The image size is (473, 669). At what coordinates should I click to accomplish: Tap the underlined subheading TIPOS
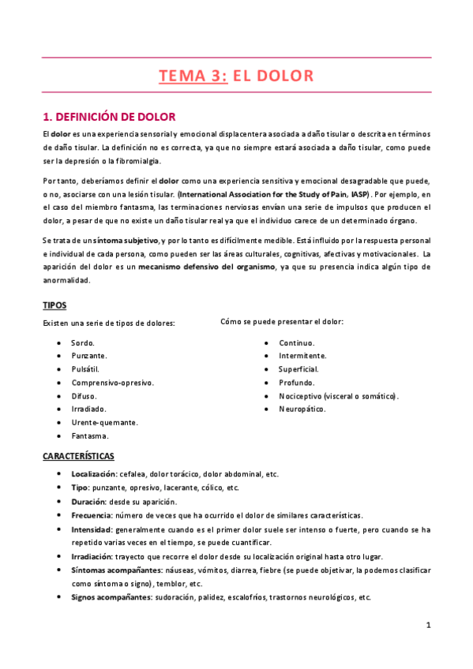(54, 305)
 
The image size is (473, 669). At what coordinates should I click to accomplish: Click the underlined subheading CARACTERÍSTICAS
(78, 456)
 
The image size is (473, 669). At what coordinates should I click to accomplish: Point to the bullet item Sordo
(83, 343)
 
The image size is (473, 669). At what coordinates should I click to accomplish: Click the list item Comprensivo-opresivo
(112, 383)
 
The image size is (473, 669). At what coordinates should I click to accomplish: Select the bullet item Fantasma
(89, 435)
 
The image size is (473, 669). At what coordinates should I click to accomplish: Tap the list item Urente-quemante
(104, 422)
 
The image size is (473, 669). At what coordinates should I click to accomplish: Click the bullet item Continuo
(296, 343)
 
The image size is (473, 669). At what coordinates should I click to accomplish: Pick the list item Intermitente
(302, 356)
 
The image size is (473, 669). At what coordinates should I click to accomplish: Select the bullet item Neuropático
(302, 409)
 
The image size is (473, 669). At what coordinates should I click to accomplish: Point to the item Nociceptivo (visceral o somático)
(338, 396)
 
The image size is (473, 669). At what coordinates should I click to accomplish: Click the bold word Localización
(93, 474)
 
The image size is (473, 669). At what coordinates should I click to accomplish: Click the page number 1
(427, 626)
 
